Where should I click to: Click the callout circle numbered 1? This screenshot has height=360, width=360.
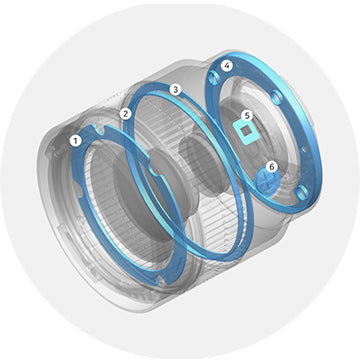click(76, 141)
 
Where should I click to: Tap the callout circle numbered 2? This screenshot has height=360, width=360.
click(125, 114)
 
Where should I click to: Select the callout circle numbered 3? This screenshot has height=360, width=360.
click(175, 89)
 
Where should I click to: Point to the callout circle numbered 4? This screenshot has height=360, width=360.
click(227, 66)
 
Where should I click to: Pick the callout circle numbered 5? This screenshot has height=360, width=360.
click(247, 116)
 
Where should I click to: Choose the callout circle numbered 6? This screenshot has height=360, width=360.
click(272, 167)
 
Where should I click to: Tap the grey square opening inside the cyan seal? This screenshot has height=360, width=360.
click(247, 131)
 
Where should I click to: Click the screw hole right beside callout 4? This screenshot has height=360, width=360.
click(213, 78)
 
